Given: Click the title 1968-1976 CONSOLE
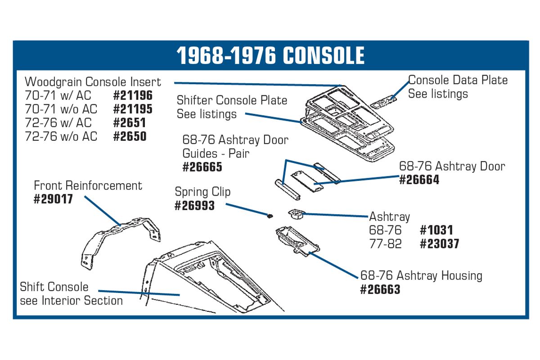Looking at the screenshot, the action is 270,55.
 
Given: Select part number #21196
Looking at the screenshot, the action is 133,95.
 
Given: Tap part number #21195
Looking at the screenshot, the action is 133,109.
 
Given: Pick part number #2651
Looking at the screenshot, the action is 130,123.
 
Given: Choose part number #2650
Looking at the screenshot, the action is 130,136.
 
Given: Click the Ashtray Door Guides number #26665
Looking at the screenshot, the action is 202,167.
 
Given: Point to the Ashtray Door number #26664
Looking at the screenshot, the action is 419,180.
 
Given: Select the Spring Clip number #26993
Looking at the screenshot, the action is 194,206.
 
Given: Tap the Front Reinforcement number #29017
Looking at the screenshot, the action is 53,199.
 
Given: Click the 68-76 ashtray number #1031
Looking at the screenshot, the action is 436,230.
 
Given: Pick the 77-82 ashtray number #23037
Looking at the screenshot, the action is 440,244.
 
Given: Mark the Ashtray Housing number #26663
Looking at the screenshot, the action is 380,290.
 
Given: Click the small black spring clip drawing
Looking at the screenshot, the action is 270,216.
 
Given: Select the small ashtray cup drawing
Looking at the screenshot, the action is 297,214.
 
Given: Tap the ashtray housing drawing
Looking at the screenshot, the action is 297,241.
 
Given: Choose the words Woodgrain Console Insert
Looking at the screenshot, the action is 93,82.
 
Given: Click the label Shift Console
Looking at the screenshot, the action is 54,287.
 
